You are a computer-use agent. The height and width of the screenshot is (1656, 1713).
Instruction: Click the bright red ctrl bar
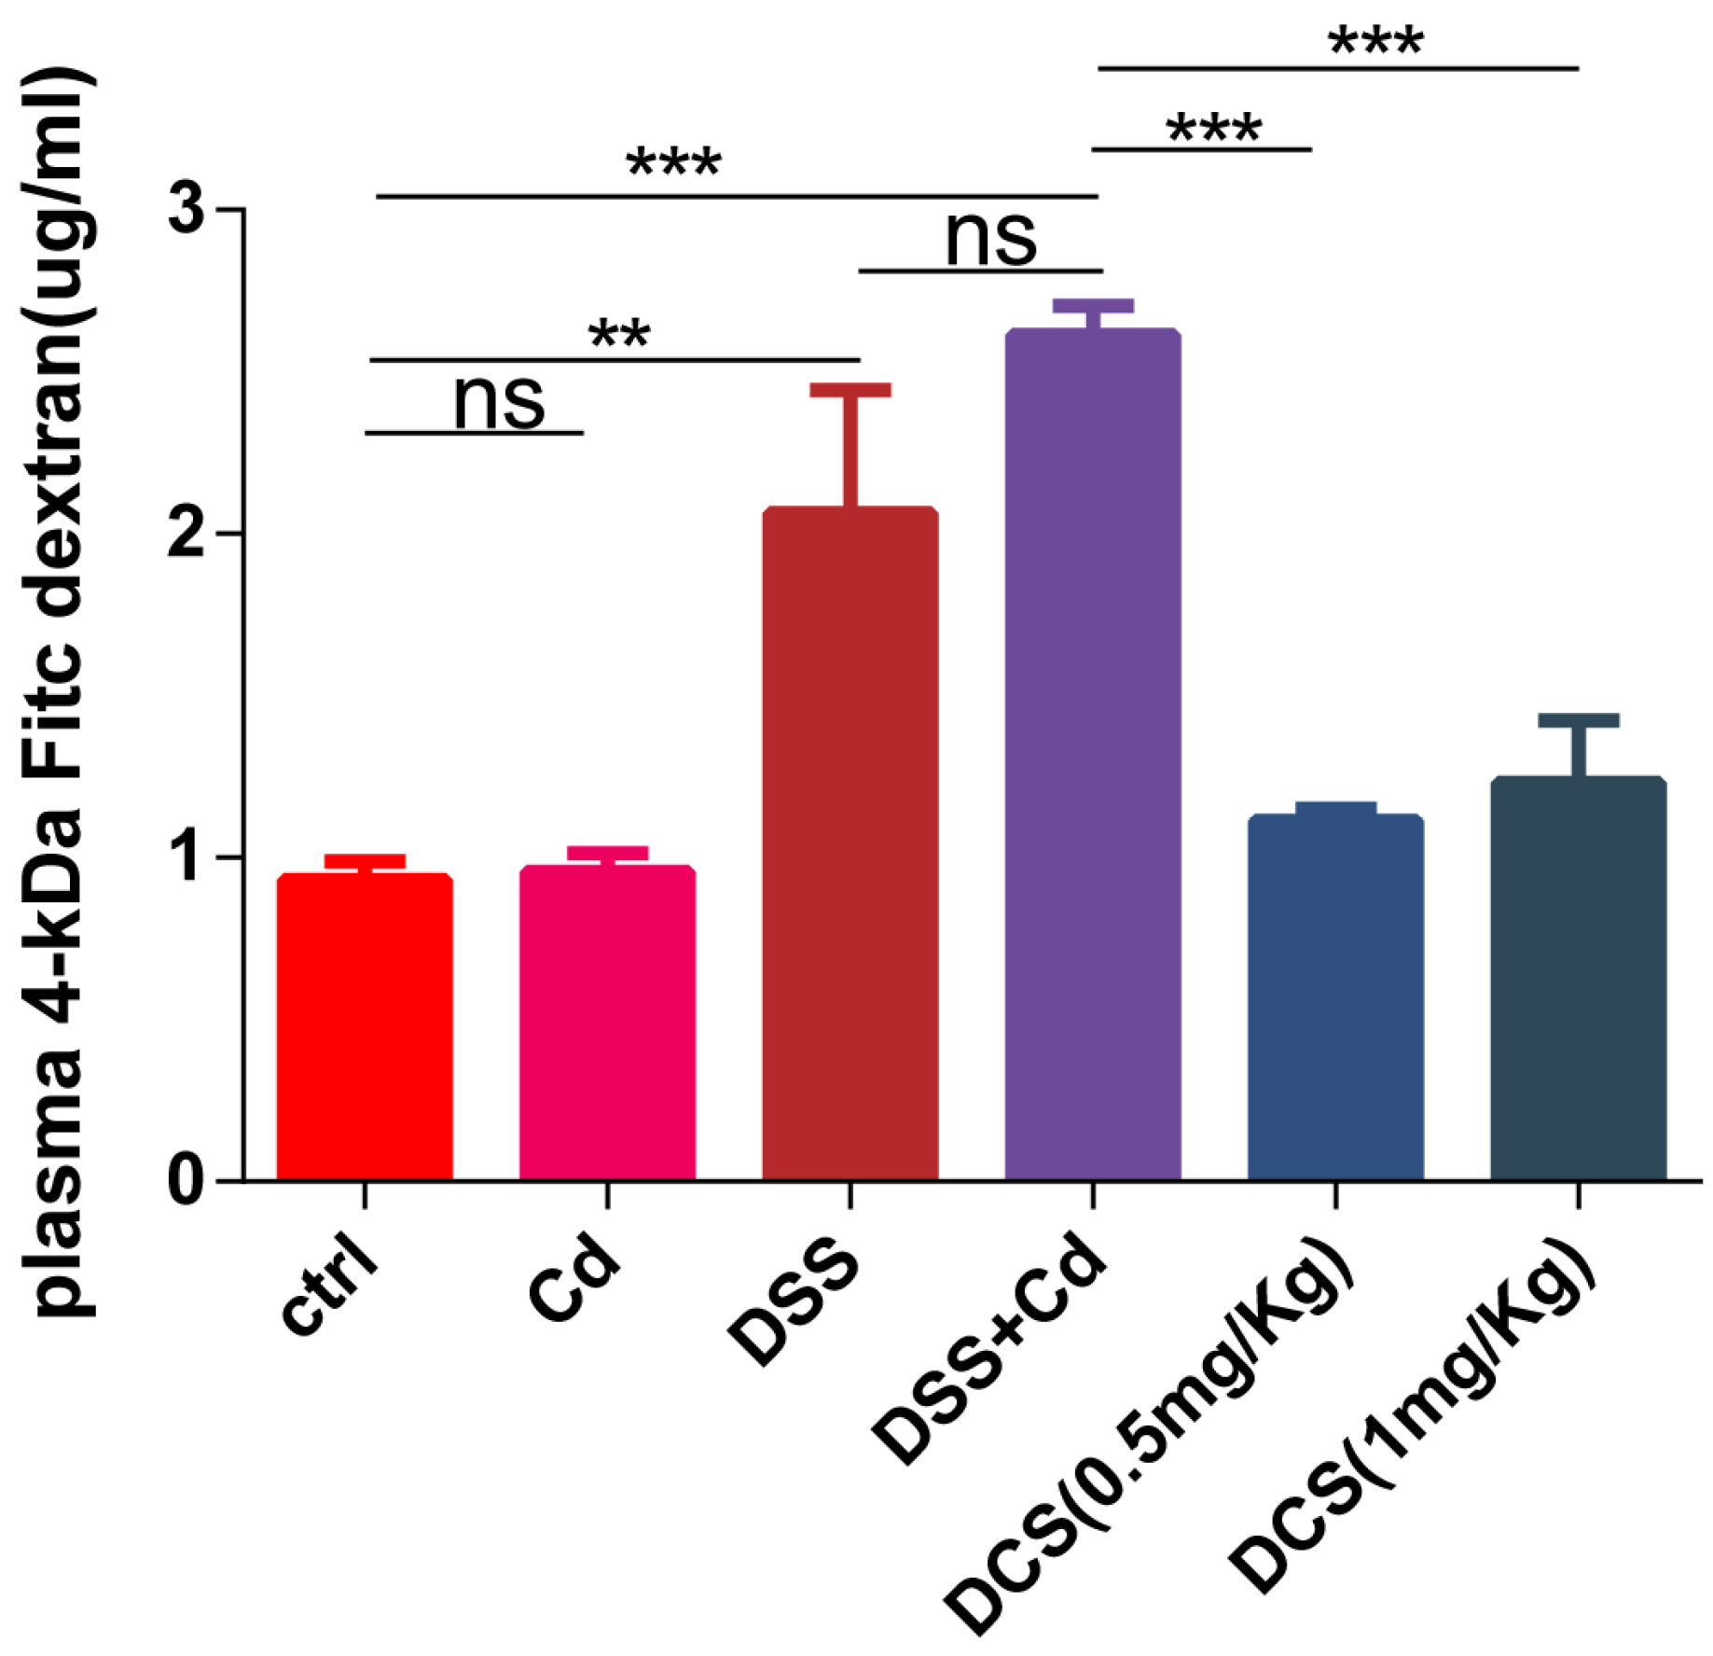click(x=365, y=1026)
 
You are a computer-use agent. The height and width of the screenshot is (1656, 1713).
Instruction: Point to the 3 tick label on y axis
click(x=186, y=209)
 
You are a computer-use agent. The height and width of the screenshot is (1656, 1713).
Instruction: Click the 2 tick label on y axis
click(x=186, y=533)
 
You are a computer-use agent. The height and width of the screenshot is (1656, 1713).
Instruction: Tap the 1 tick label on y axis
click(x=186, y=856)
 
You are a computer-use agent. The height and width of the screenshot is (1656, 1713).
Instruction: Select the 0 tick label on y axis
click(x=186, y=1180)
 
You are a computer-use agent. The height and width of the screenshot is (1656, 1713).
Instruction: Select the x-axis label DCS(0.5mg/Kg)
click(x=1152, y=1432)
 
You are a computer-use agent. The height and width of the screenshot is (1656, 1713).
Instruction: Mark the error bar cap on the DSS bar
click(x=850, y=390)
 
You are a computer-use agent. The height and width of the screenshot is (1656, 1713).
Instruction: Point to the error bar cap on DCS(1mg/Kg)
click(x=1578, y=719)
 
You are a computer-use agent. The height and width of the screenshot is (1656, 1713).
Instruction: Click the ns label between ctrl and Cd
click(x=498, y=402)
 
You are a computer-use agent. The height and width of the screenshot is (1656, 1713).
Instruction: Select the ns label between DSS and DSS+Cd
click(x=990, y=239)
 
